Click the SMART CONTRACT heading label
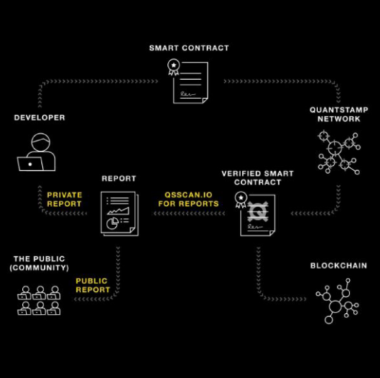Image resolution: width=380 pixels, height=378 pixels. point(189,48)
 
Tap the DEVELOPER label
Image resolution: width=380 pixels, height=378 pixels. point(40,117)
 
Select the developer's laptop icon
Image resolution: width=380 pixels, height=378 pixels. point(31,164)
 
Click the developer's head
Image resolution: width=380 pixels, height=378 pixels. point(41,142)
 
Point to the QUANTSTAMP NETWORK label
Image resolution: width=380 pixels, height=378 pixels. point(339,115)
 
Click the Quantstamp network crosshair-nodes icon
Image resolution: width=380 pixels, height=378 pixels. point(339,152)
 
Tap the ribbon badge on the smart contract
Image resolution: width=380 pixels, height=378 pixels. point(174,68)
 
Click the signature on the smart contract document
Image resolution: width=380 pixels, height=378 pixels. point(188,94)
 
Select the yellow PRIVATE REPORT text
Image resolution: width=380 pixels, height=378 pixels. point(64,199)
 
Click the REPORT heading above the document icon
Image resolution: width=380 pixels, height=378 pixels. point(119,179)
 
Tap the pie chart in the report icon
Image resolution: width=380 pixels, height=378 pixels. point(112,224)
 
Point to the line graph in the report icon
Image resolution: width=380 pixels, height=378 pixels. point(118,211)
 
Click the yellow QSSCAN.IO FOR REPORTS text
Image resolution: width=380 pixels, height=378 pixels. point(189,199)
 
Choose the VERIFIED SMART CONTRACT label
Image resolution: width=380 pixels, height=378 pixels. point(258,178)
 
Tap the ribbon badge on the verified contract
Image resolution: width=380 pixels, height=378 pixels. point(241,200)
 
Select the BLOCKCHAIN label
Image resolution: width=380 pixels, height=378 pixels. point(339,266)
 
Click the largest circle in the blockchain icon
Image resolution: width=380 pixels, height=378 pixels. point(335,307)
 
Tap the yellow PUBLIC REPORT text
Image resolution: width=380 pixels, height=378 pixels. point(93,285)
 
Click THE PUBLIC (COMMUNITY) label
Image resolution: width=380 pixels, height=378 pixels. point(39,263)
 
